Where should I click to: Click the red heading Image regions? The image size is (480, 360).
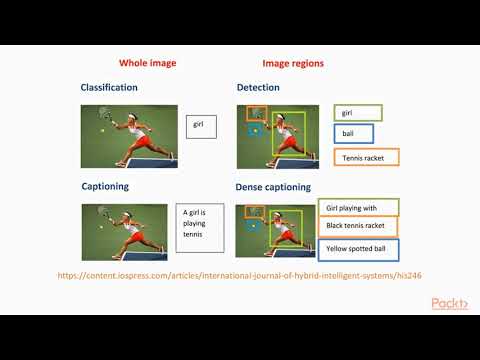[x=292, y=63]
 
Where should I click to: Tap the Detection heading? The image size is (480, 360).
[x=258, y=88]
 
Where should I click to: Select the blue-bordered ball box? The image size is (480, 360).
[x=354, y=134]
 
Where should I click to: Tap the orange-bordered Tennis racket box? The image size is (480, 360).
[x=366, y=157]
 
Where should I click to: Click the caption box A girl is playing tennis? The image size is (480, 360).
[x=194, y=228]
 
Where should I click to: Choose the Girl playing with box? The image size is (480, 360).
[x=359, y=208]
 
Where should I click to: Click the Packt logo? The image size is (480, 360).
[x=449, y=303]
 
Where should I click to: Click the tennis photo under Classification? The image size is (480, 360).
[x=129, y=136]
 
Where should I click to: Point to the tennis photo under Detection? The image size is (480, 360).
[x=284, y=136]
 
